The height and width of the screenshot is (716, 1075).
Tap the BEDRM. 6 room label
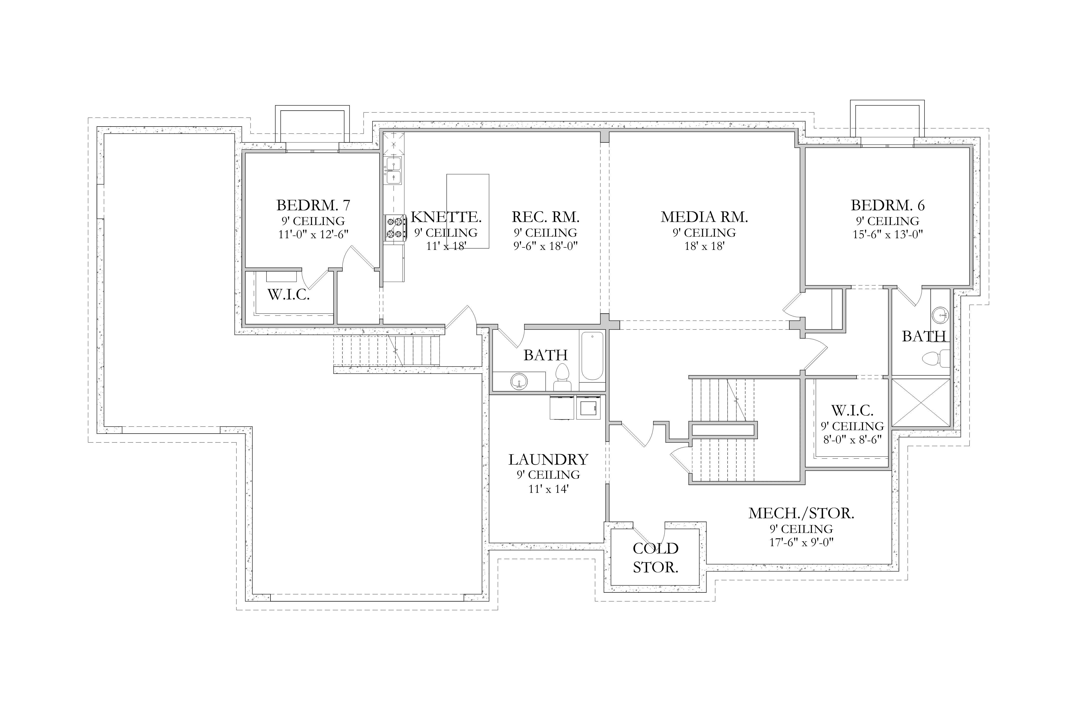888,206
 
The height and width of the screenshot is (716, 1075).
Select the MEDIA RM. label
704,217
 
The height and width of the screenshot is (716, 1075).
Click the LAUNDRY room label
548,459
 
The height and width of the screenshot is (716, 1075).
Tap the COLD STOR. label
655,558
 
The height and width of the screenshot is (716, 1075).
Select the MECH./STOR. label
801,513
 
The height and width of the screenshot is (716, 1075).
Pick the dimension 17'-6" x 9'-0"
801,542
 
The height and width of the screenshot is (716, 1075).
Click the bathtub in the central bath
592,356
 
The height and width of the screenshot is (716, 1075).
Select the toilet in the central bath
561,377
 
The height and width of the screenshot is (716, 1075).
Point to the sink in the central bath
519,381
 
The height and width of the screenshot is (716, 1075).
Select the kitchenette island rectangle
468,211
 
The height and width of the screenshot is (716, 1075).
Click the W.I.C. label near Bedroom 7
288,295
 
